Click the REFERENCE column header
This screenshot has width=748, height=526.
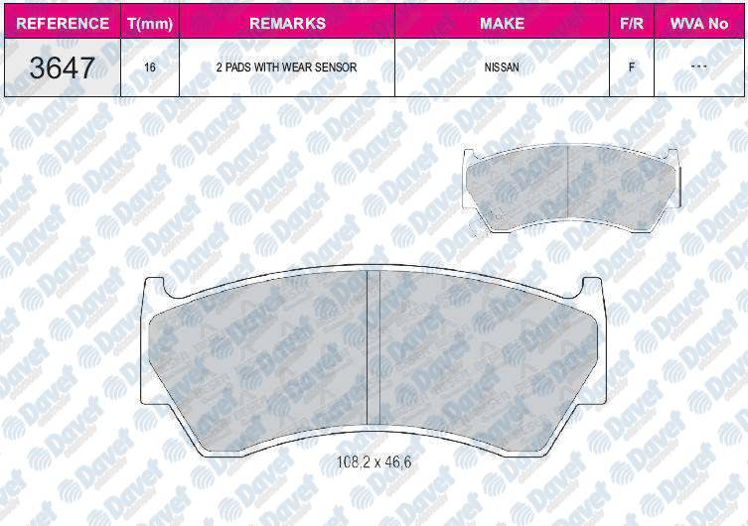[63, 24]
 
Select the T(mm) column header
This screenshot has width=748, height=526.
[150, 24]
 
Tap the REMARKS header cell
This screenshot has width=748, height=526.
[287, 24]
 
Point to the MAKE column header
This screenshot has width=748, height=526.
[502, 24]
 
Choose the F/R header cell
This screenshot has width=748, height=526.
[632, 24]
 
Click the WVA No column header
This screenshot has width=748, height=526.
[699, 24]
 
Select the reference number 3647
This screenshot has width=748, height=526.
[62, 67]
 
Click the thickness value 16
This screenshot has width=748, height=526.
[150, 67]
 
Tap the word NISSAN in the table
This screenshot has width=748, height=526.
[502, 67]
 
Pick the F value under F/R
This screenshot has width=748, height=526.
[632, 67]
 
